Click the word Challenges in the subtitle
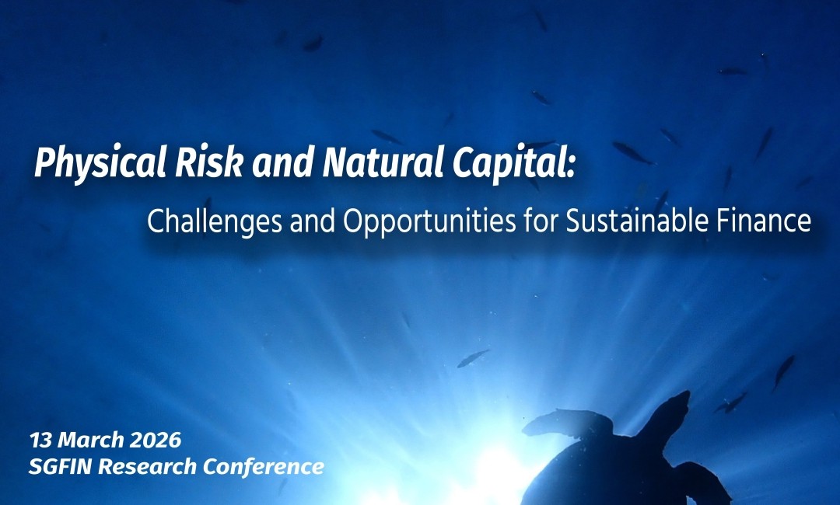[x=215, y=221]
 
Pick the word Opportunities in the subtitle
[x=429, y=221]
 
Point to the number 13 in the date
[x=40, y=441]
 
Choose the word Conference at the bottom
[x=264, y=466]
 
